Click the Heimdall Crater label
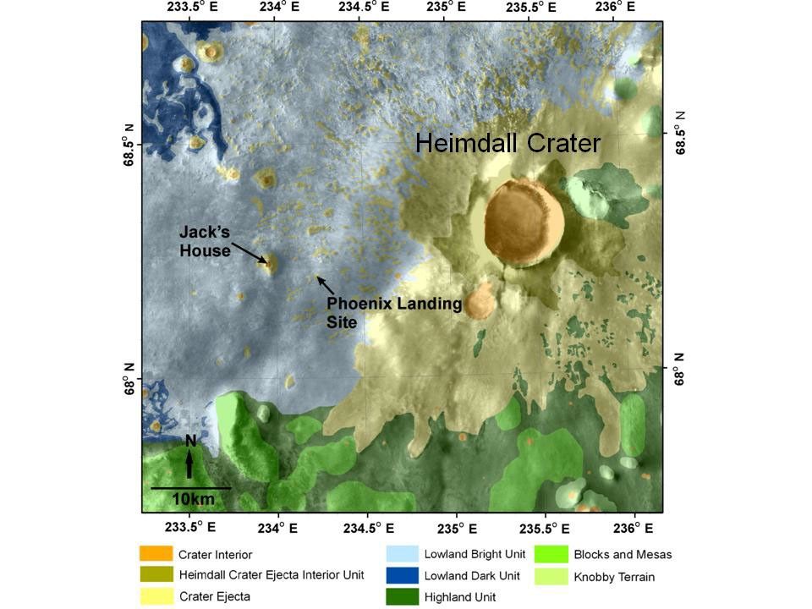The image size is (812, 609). click(507, 143)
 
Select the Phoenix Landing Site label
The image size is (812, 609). click(394, 312)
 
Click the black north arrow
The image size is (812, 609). click(189, 461)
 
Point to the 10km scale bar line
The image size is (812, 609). click(190, 488)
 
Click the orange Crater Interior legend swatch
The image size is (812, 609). click(155, 554)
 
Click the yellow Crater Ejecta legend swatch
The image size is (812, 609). click(155, 596)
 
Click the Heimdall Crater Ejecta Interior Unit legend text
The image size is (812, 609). click(272, 575)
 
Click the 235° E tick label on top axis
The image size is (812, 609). click(447, 8)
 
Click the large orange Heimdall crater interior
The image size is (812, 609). click(524, 222)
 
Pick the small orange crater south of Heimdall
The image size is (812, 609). click(480, 301)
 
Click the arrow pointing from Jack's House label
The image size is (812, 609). click(250, 252)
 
